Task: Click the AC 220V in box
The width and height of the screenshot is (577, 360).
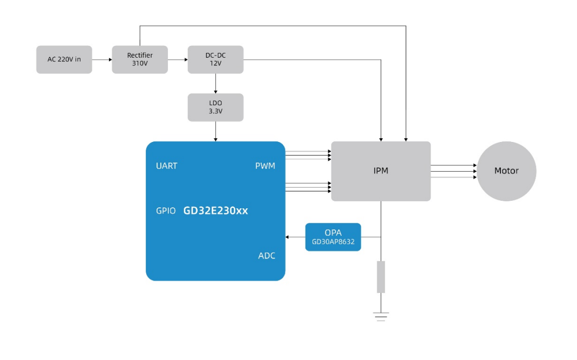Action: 64,59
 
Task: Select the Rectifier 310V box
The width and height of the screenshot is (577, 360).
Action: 140,59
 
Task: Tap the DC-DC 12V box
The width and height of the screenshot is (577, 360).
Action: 215,59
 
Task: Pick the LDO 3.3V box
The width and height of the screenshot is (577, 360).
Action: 215,107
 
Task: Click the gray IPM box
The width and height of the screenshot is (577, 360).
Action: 381,171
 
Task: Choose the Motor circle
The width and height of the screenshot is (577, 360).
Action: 506,171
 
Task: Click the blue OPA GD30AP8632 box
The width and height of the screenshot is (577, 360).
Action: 333,237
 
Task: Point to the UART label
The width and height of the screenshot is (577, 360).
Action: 166,166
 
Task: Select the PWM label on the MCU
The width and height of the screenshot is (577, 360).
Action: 265,166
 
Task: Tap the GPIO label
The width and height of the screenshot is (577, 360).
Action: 166,210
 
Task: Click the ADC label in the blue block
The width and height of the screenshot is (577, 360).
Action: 267,255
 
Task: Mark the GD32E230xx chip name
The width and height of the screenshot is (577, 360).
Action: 215,210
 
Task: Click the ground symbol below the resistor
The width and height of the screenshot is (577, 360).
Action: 381,315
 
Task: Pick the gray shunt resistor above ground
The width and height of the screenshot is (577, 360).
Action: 381,277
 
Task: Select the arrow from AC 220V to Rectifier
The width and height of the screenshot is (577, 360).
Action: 102,59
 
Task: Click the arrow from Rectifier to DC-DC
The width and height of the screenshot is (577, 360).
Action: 178,59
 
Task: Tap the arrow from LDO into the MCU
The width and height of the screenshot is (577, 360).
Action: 215,131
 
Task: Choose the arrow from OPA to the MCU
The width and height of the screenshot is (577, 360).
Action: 295,237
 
